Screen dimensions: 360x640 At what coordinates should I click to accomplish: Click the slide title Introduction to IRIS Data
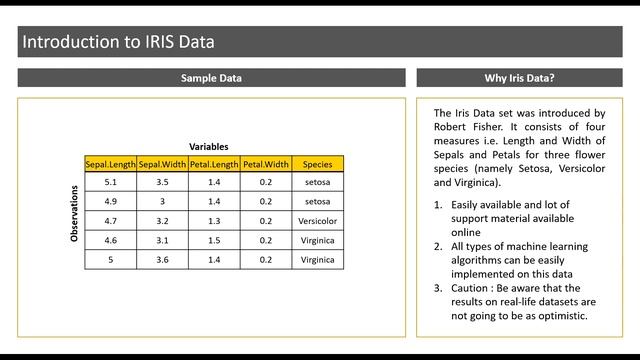click(118, 42)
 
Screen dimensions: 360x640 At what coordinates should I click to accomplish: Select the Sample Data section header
click(211, 78)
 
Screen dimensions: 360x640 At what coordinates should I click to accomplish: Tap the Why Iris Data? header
click(519, 78)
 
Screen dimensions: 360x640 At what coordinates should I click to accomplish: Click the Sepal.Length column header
click(110, 164)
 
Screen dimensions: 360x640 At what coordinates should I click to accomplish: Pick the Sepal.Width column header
click(162, 164)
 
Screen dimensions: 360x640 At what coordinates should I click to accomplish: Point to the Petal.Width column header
click(266, 164)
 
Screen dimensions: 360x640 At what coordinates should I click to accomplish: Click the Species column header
click(318, 164)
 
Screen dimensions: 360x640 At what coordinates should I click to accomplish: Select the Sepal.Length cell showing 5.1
click(110, 183)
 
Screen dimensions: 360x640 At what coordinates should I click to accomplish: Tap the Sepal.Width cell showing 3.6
click(162, 259)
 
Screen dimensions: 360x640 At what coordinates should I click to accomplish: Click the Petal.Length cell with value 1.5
click(214, 240)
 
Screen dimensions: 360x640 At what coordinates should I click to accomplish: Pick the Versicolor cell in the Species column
click(318, 221)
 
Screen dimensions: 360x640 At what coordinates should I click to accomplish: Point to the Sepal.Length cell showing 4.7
click(110, 221)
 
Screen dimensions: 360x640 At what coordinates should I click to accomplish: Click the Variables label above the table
click(209, 147)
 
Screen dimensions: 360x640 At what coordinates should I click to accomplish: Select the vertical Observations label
click(74, 212)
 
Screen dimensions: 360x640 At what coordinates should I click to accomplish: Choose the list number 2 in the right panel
click(438, 246)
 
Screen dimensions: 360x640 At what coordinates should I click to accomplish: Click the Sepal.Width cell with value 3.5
click(162, 183)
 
